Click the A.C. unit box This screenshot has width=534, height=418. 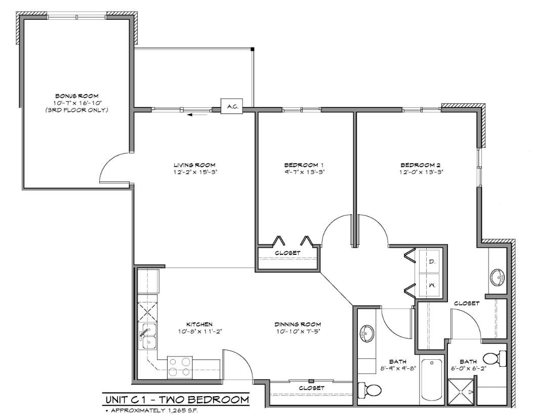click(x=232, y=107)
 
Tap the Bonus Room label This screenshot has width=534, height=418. click(x=76, y=96)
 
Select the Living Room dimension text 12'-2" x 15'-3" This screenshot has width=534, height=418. click(x=195, y=172)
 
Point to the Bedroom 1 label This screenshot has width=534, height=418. click(x=304, y=165)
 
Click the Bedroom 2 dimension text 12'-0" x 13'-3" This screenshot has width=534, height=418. click(x=421, y=172)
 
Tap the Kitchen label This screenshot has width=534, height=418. click(x=198, y=324)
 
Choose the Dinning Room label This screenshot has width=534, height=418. click(x=298, y=324)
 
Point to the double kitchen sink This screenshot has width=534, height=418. click(x=148, y=337)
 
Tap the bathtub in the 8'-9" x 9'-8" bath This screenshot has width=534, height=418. click(x=432, y=381)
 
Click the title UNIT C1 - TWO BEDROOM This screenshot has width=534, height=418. click(x=176, y=400)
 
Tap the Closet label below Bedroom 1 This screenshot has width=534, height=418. click(x=287, y=252)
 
